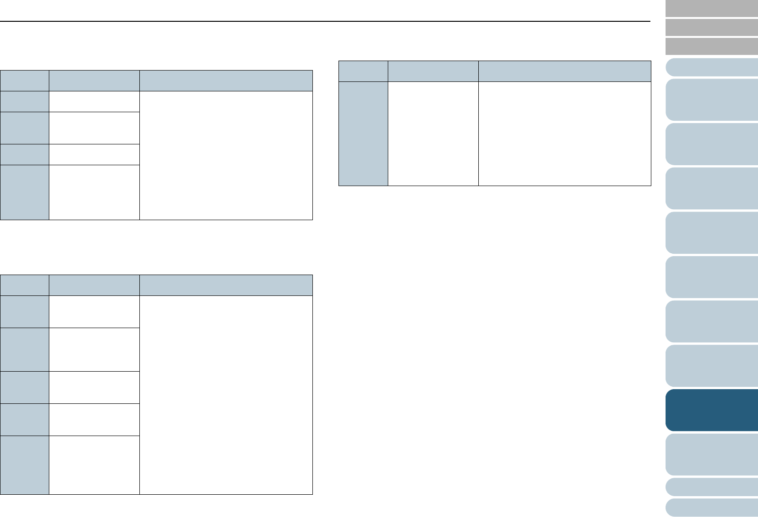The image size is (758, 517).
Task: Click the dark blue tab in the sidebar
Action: (x=712, y=410)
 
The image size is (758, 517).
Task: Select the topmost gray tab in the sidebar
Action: (x=712, y=9)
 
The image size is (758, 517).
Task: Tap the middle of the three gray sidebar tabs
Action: (x=712, y=27)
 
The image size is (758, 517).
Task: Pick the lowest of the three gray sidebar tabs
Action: (x=712, y=47)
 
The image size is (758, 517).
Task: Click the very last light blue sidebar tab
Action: (x=712, y=507)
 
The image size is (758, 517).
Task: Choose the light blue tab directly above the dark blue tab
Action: (x=712, y=365)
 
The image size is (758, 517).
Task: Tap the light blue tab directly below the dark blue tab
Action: (x=712, y=454)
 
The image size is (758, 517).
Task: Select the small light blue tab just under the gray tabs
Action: (x=712, y=67)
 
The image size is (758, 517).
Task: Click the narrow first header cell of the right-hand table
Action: (x=363, y=71)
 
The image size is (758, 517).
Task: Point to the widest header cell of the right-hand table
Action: (x=565, y=71)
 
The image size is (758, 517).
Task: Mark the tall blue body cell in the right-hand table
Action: (x=363, y=134)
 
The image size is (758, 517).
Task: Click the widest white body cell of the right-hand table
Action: (x=565, y=134)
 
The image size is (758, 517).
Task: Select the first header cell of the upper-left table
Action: (x=25, y=80)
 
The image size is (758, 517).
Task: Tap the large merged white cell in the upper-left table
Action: (x=226, y=155)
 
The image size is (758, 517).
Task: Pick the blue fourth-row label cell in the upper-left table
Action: (x=25, y=192)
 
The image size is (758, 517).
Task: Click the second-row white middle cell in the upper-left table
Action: (x=94, y=128)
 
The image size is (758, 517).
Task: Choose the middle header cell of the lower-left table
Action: (x=94, y=285)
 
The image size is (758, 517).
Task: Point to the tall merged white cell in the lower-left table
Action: (x=226, y=395)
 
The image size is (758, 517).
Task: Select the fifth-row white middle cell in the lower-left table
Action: (x=94, y=465)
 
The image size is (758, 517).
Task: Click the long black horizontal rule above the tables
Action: (x=325, y=21)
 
